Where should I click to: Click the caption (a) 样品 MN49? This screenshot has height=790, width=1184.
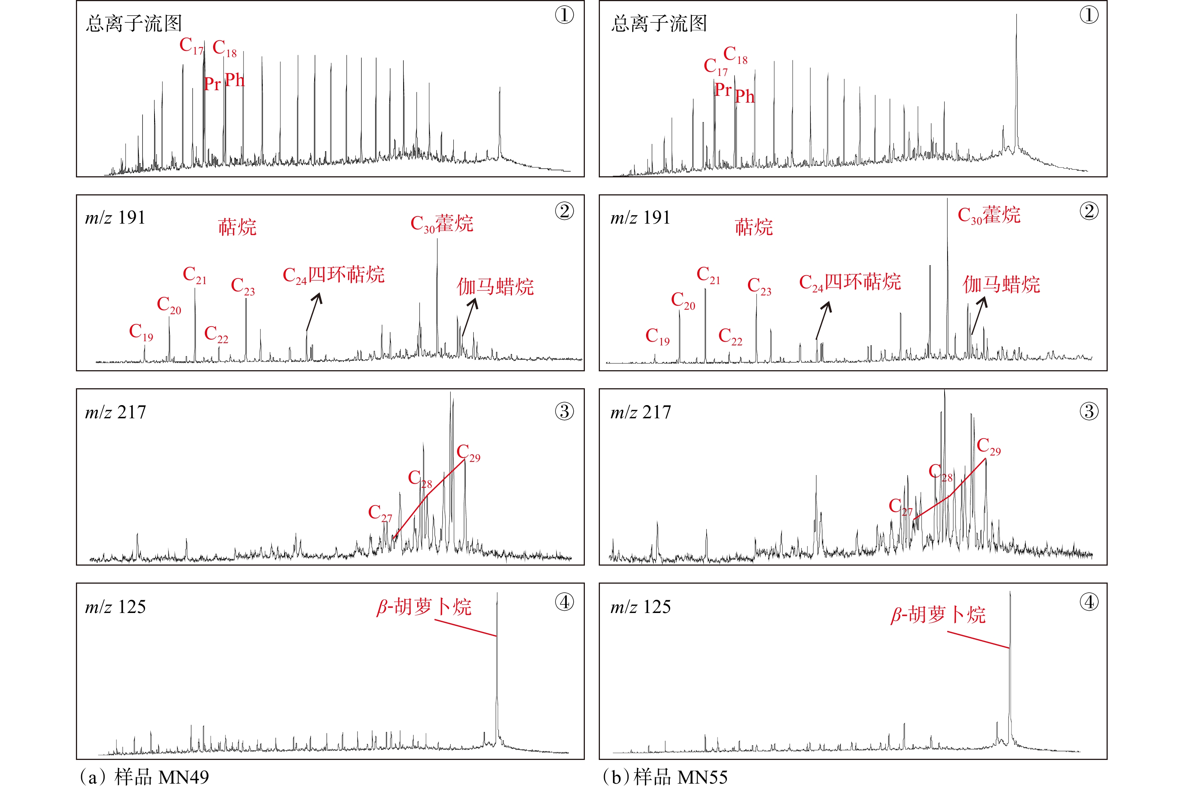[144, 777]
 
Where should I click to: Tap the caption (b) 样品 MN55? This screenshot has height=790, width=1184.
[665, 777]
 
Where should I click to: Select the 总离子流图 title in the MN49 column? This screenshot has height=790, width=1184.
[133, 24]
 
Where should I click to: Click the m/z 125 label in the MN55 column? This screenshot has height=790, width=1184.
[640, 607]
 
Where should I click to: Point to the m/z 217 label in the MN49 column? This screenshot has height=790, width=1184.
[115, 412]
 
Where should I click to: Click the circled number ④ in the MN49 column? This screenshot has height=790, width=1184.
[564, 602]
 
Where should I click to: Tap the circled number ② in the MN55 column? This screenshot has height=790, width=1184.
[1089, 211]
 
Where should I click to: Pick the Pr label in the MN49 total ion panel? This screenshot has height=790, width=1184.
[212, 84]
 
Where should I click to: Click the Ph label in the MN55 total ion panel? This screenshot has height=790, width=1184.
[745, 96]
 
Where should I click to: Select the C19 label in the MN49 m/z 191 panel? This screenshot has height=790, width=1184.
[141, 332]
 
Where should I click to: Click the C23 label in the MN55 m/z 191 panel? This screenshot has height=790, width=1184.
[759, 286]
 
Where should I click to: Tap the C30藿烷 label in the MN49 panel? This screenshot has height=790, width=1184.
[442, 224]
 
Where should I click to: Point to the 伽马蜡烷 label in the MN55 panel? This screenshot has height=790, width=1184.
[1001, 285]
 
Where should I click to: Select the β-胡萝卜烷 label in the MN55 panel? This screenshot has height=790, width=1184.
[938, 614]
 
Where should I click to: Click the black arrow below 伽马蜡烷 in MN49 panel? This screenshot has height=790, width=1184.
[469, 316]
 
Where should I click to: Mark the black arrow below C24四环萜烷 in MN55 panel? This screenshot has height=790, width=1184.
[824, 320]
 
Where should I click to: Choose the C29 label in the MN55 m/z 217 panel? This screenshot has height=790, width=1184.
[989, 446]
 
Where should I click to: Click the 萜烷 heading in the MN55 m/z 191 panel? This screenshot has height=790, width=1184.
[754, 227]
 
